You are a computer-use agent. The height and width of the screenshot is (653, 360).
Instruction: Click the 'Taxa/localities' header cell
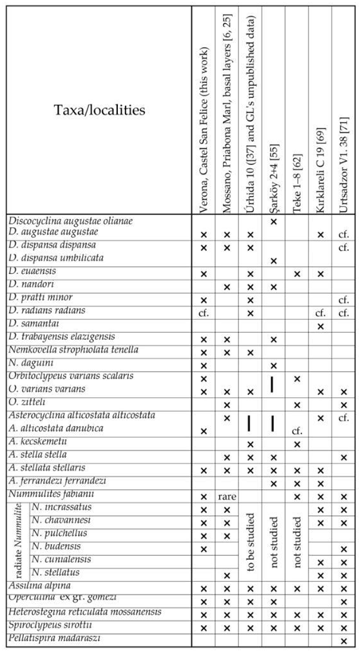(x=100, y=109)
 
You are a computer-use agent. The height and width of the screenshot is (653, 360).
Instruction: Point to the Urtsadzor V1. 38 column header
(x=344, y=109)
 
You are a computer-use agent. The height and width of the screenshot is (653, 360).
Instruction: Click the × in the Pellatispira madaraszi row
(x=344, y=640)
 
